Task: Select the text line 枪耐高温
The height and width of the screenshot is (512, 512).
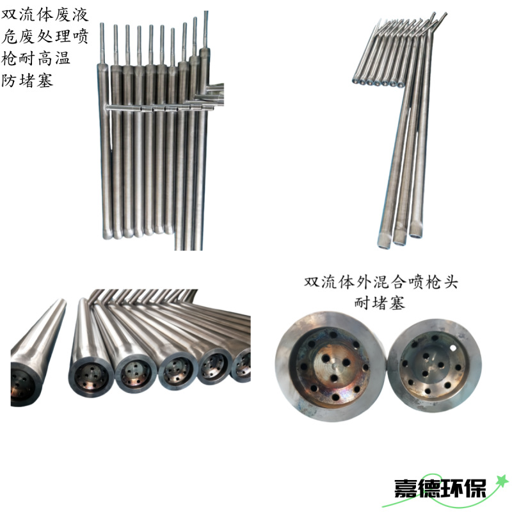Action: coord(36,60)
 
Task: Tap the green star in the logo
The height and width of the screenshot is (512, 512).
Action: coord(501,479)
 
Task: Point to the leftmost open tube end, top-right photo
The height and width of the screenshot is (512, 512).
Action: coord(355,81)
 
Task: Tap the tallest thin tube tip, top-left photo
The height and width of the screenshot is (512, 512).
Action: coord(206,14)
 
